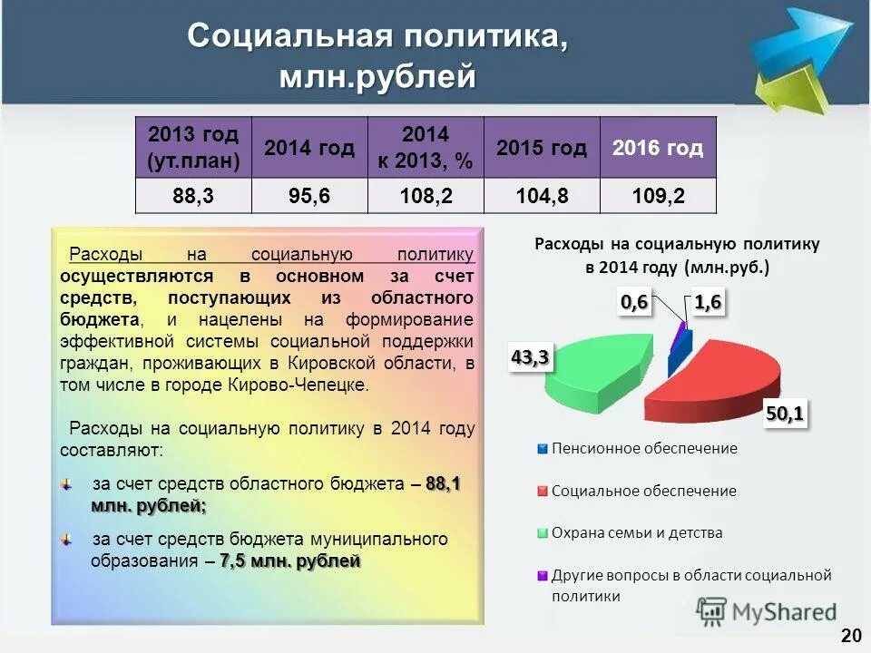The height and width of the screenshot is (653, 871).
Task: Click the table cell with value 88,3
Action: coord(192,196)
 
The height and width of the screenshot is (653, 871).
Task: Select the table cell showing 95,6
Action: coord(308,196)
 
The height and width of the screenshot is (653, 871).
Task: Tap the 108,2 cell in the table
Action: coord(426,196)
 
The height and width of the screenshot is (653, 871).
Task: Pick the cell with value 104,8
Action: coord(542,196)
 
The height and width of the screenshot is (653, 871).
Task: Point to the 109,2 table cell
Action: coord(658,196)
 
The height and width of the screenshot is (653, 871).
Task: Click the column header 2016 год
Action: coord(658,148)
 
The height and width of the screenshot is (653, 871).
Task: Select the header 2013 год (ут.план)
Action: coord(192,148)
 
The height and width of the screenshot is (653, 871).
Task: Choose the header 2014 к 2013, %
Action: coord(426,148)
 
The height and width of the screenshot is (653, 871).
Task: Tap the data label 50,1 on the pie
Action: coord(785,414)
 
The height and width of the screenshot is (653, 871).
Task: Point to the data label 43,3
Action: coord(530,357)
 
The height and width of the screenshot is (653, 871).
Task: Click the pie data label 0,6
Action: coord(635,303)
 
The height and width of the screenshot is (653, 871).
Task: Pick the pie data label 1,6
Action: coord(708,303)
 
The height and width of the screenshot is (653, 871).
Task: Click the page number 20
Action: coord(850,634)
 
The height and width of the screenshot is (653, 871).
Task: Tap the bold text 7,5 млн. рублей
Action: coord(290,561)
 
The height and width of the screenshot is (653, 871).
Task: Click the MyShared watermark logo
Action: coord(767,612)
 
